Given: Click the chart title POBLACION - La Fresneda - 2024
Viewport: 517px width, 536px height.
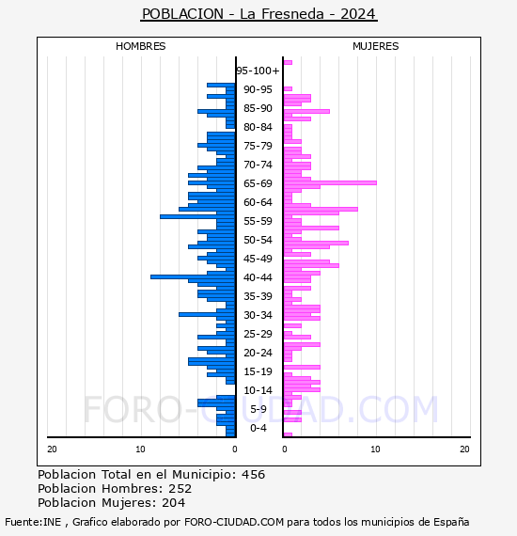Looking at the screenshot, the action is tap(258, 14).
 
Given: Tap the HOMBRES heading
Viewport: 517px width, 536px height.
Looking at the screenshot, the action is tap(140, 46).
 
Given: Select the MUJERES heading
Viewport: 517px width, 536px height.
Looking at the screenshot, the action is tap(376, 46).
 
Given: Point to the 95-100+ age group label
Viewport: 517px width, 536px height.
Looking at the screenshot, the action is tap(258, 71).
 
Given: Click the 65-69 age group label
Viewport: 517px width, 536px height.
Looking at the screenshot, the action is tap(258, 183).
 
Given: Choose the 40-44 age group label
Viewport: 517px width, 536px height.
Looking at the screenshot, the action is tap(258, 277).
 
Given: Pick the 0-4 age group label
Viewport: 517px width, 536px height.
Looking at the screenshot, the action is tap(258, 428).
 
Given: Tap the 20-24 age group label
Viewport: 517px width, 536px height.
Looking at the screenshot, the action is tap(258, 353).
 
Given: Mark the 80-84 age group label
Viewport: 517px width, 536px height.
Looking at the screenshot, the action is tap(258, 127).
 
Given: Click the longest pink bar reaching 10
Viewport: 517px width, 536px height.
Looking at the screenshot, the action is tap(330, 182).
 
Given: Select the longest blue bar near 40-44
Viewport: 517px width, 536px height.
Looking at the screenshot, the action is tap(193, 276).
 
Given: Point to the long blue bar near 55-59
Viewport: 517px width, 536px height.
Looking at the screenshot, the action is tap(197, 216).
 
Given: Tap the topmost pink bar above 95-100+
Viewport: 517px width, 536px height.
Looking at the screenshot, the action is tap(288, 63).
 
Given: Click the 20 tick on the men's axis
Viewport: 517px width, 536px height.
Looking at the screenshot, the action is tap(52, 449).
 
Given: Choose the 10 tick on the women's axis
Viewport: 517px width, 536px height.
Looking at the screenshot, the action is tap(376, 449).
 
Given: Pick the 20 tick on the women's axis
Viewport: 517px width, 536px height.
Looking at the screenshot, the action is tap(464, 449).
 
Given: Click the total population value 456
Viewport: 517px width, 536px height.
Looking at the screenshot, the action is tap(253, 475).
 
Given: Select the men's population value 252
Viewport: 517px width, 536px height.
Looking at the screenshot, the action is tap(180, 488).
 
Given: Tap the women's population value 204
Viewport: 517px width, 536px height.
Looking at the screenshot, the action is tap(174, 502).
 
